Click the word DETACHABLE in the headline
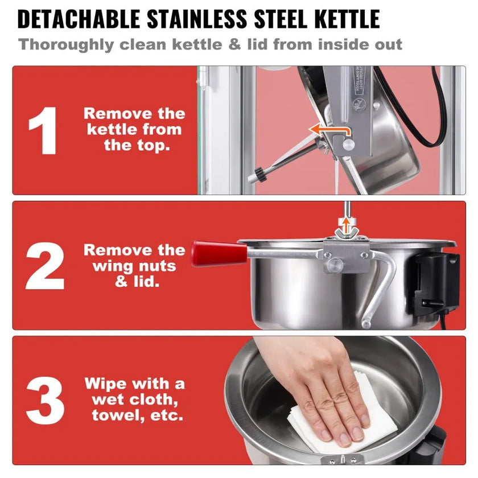(79, 19)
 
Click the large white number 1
(43, 130)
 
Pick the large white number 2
(45, 266)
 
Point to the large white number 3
(45, 400)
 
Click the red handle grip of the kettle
(219, 254)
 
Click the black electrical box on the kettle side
(436, 281)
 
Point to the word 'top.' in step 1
(137, 145)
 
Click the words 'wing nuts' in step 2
(134, 266)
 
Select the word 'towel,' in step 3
(118, 415)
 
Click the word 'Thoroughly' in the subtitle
(66, 45)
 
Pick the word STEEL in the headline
(281, 19)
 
